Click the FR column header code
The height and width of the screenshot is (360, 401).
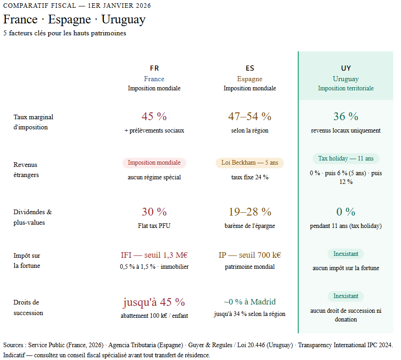154,68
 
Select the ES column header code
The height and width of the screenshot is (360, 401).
250,68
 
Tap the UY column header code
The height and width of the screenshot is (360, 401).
345,68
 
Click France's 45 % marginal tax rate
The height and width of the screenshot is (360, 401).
154,116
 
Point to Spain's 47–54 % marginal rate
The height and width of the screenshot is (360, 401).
250,116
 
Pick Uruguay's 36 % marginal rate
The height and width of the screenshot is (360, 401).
345,116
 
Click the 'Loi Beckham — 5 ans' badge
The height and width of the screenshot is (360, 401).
250,163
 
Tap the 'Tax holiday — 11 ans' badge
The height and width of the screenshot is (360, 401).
345,159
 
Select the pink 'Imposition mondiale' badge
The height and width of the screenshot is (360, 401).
154,163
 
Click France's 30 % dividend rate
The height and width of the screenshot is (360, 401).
154,212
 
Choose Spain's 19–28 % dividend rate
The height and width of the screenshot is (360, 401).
250,212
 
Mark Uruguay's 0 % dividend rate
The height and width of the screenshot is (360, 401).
345,212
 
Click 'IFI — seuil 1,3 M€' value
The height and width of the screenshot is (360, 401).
154,255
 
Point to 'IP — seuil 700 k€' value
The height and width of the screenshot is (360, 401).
250,255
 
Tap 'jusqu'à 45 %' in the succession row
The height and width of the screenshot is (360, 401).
154,302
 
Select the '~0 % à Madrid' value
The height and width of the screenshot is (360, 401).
250,302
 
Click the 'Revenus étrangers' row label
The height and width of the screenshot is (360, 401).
26,170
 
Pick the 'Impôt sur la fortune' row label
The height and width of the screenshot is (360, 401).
27,260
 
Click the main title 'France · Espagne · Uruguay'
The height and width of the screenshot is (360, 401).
74,20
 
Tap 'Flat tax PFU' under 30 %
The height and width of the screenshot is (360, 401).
154,226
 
